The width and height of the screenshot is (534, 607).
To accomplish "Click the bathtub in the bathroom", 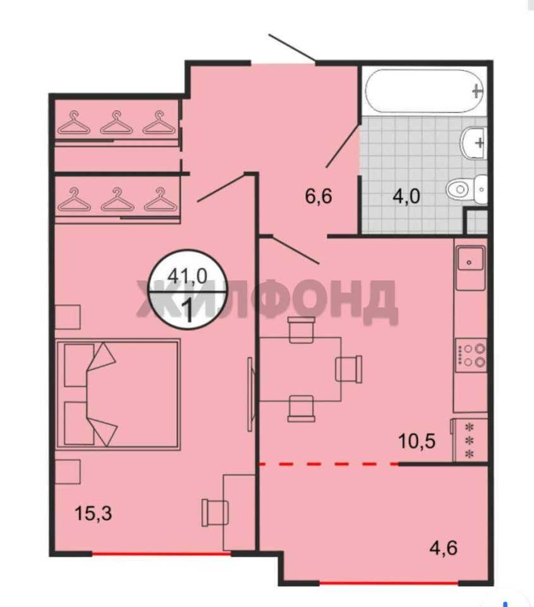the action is (425, 91).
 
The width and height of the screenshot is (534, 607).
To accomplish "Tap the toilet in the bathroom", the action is (466, 189).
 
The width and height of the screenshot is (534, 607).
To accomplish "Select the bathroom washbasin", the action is (473, 142).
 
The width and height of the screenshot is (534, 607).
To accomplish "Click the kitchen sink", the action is (470, 262).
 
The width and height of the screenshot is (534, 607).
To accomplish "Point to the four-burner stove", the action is (471, 355).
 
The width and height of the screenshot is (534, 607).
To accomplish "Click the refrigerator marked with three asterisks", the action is (469, 440).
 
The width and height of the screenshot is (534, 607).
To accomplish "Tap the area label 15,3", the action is (94, 513).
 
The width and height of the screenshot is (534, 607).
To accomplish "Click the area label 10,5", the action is (416, 441).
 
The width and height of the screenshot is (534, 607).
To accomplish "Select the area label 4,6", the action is (444, 548).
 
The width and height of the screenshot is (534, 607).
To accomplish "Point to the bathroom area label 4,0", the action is (406, 196).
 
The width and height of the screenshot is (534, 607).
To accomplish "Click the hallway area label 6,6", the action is (319, 196).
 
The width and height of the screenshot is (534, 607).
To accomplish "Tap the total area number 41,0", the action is (187, 276).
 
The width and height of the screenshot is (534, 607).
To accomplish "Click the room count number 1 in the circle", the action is (190, 310).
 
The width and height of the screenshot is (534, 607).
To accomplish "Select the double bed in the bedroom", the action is (118, 395).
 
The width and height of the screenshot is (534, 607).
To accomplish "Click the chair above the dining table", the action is (301, 329).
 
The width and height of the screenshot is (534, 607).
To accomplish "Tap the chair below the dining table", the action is (301, 408).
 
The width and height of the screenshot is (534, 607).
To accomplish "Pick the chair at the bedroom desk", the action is (215, 512).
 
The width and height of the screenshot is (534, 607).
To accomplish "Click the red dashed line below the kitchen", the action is (329, 463).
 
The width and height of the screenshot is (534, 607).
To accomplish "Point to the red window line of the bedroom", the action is (161, 555).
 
